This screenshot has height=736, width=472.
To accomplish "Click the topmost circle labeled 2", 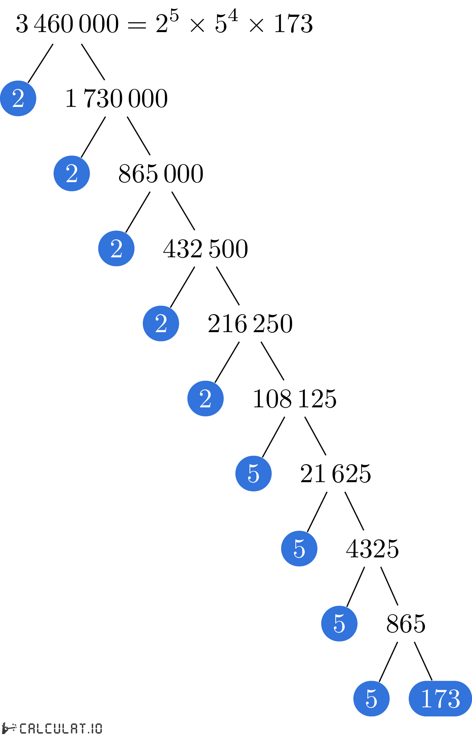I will pos(18,98).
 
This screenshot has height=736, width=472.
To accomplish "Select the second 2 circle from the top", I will pos(72,174).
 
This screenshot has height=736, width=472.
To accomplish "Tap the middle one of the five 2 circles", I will pos(116,248).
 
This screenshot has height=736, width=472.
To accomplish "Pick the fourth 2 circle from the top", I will pos(161,324).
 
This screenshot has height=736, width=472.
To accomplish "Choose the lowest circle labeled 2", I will pos(205,398).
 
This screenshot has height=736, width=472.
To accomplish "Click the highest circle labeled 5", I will pos(253,474).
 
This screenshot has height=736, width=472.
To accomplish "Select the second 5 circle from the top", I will pos(299,548).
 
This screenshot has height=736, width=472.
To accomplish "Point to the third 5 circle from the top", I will pos(339,624).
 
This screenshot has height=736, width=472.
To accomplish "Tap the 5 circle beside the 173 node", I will pos(371,698).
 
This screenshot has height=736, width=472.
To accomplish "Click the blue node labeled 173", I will pos(440,698).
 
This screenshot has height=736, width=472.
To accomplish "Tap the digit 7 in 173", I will pos(440,698).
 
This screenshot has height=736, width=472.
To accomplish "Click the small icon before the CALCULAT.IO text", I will pos(9,728).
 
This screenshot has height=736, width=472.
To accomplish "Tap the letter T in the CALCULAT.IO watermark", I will pos(82,729).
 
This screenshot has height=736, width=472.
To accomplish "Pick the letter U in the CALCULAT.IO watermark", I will pos(57,729).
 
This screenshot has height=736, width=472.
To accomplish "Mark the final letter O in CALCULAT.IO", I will pos(98,729).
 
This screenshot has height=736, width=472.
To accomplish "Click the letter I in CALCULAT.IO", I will pos(92,729).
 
